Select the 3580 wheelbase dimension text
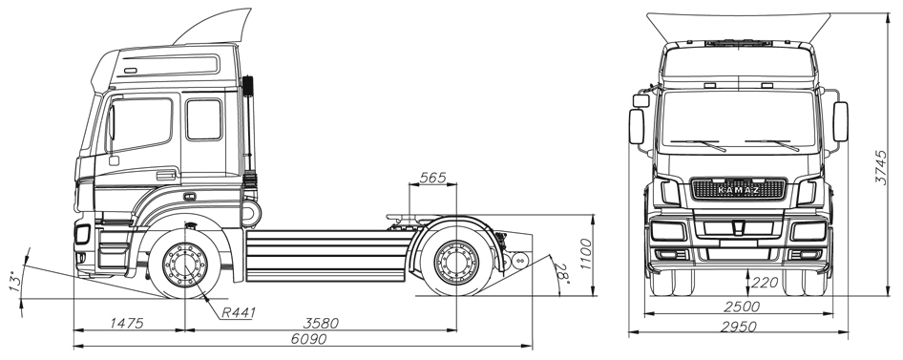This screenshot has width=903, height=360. (x=321, y=323)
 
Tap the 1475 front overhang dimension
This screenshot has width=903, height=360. (x=126, y=323)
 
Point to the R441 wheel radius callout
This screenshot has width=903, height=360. (x=239, y=313)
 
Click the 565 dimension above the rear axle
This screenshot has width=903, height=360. (x=432, y=178)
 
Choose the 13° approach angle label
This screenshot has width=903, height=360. (x=15, y=281)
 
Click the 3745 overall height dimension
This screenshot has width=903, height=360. (x=881, y=167)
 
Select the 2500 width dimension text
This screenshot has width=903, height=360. (x=740, y=307)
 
